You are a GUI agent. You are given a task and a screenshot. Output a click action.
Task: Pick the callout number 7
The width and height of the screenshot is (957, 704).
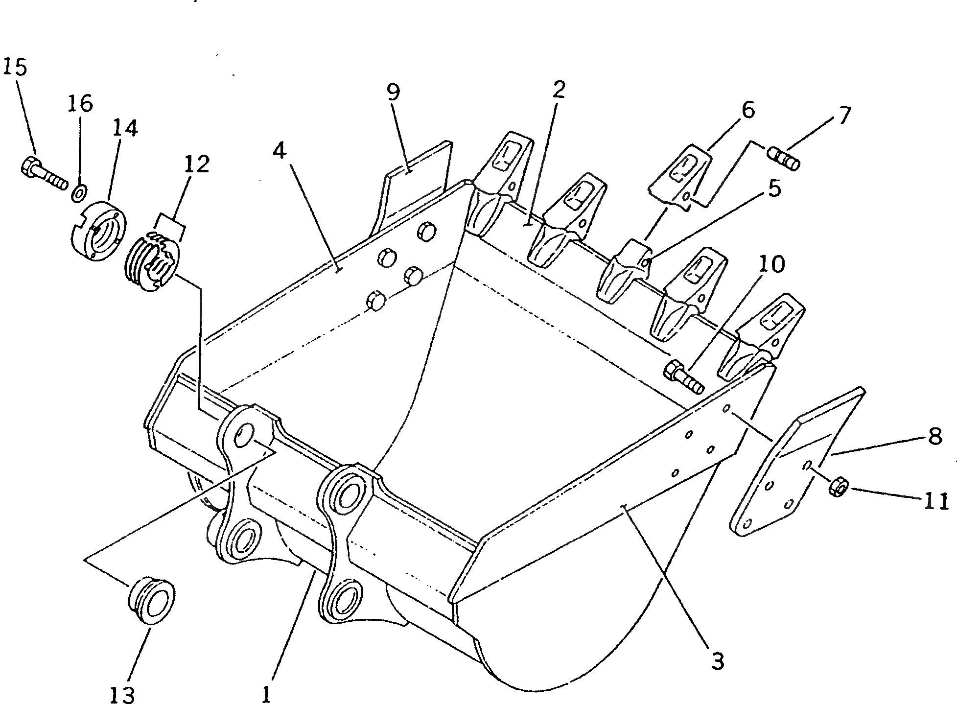click(842, 115)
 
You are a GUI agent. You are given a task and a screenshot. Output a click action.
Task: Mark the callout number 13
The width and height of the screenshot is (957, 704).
click(122, 693)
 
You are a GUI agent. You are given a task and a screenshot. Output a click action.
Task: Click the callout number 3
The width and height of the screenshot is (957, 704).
click(717, 661)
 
